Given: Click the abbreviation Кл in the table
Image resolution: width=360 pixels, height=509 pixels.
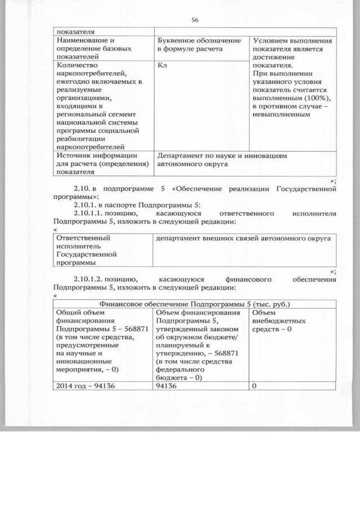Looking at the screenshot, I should (161, 65).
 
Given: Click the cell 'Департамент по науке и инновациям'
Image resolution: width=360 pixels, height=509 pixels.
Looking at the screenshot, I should (222, 156).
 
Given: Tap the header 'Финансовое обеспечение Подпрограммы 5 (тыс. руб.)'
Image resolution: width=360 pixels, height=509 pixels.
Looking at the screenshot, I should (195, 304).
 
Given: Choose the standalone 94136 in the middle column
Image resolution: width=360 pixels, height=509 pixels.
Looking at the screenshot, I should (168, 386).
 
